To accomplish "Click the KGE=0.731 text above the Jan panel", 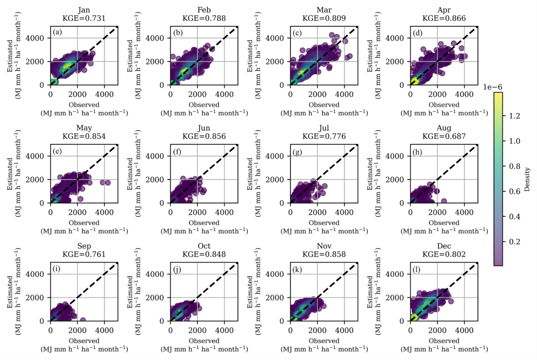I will (84, 19).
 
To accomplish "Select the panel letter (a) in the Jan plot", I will (57, 33).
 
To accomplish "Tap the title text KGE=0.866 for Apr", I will (444, 19).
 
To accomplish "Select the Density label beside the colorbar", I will (527, 179).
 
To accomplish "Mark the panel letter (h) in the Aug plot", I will (417, 151).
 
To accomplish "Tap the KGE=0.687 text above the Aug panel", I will (444, 137).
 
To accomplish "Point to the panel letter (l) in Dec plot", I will (417, 269).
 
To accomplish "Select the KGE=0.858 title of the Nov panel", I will (324, 254).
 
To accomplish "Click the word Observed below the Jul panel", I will (324, 223).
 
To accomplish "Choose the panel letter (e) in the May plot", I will (57, 151).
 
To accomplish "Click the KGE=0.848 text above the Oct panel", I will (204, 254).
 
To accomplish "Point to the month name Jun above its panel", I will (204, 129).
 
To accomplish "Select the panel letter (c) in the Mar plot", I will (297, 33).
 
